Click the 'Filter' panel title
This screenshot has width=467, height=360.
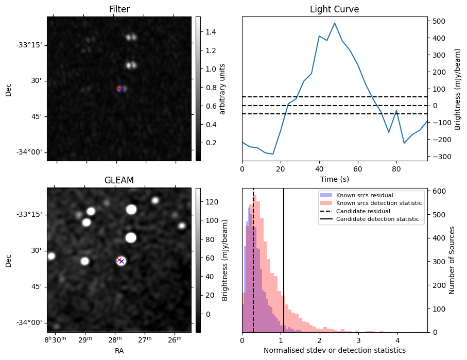point(119,9)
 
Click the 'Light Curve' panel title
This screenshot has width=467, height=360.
point(334,9)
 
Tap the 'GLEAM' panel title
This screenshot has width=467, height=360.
point(119,180)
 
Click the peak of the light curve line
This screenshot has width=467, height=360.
point(335,23)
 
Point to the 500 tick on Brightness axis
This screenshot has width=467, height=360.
point(437,21)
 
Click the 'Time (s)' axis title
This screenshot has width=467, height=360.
point(334,178)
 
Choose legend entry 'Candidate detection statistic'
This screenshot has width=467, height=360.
point(377,219)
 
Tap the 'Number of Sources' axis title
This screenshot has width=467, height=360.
point(453,260)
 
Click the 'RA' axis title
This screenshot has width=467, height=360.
point(119,351)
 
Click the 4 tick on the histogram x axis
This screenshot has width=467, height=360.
point(397,340)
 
